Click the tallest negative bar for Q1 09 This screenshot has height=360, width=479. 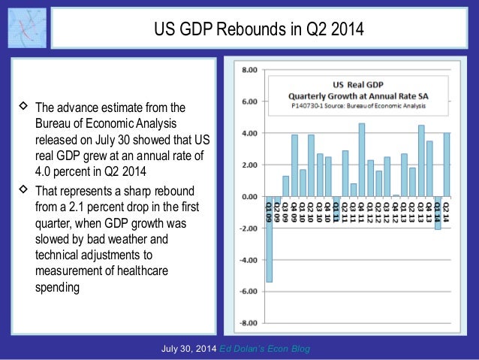pos(269,239)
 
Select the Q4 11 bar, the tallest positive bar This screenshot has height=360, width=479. pos(361,159)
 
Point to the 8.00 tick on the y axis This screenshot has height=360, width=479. pos(248,70)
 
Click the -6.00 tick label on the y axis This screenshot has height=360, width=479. pos(247,291)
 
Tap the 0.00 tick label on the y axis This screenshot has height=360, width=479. pos(248,196)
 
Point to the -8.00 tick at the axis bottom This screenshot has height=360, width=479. pos(247,323)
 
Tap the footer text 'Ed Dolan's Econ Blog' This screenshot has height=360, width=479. pos(267,349)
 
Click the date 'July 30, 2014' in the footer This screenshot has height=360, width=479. pos(191,349)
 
